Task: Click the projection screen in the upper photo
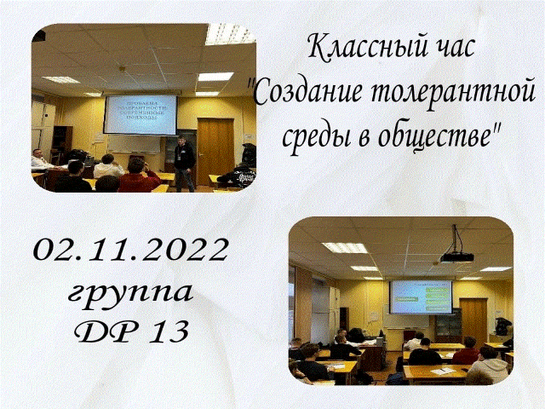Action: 141,113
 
